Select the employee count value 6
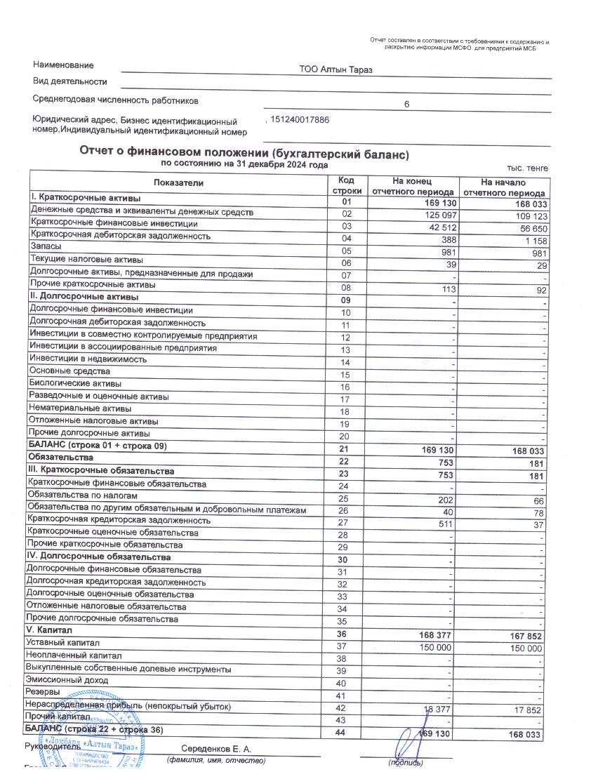[x=406, y=105]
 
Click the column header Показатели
[x=179, y=183]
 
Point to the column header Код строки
[x=346, y=185]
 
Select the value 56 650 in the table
[x=530, y=229]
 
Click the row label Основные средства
[x=70, y=371]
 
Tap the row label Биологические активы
[x=76, y=384]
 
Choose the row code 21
[x=345, y=448]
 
